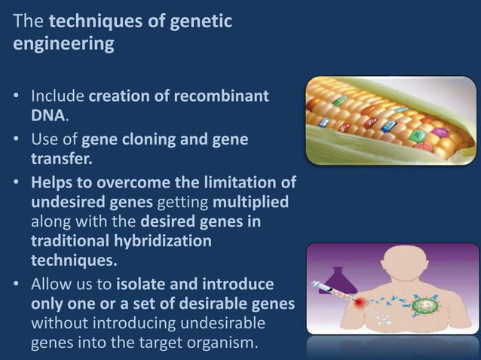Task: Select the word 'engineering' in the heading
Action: click(64, 44)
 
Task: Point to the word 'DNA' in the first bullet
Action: click(46, 116)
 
